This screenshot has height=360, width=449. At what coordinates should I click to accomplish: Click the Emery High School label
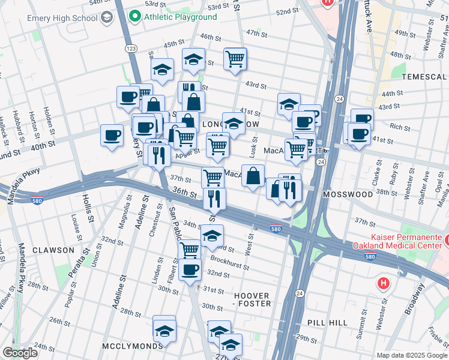click(61, 18)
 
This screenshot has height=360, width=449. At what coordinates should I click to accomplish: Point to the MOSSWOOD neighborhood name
click(348, 195)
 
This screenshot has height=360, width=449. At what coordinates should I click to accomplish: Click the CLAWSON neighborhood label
click(53, 250)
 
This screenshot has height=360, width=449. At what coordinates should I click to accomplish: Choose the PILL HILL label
click(327, 323)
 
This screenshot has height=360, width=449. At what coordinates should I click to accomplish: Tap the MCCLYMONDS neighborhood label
click(131, 346)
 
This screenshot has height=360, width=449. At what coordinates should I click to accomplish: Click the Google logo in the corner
click(20, 352)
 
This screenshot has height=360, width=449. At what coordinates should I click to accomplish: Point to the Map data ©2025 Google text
click(411, 355)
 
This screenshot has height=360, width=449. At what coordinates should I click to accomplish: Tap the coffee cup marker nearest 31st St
click(190, 269)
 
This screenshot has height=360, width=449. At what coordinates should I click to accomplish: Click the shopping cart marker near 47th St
click(235, 59)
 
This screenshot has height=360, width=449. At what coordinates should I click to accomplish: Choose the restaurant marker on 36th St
click(214, 197)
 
